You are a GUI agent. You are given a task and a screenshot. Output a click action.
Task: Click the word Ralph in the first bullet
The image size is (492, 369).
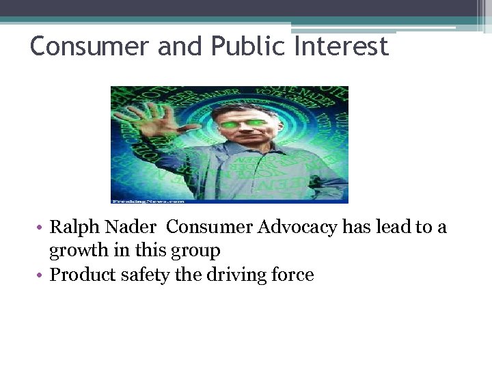click(72, 228)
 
